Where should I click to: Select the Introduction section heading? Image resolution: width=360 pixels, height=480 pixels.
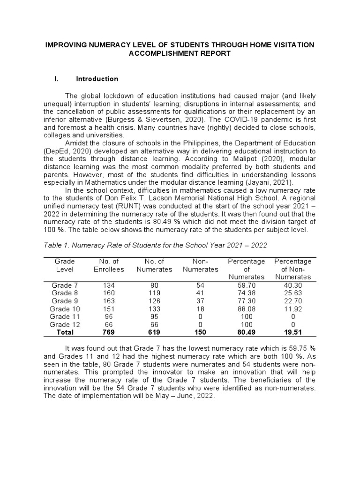[x=97, y=79]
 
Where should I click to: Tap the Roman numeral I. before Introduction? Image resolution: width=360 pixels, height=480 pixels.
[x=56, y=79]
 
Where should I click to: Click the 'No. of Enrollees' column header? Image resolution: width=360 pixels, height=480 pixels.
[x=109, y=265]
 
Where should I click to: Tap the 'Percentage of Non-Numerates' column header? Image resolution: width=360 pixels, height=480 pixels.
[x=292, y=269]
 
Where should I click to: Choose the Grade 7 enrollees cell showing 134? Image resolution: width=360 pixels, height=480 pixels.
[x=109, y=285]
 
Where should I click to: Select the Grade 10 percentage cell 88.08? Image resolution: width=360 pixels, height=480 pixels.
[x=247, y=309]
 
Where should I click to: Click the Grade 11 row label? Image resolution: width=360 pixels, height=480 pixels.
[x=62, y=317]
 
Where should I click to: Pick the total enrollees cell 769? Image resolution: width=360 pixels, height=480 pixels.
[x=109, y=332]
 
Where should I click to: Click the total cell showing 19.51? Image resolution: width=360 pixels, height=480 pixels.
[x=292, y=332]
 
